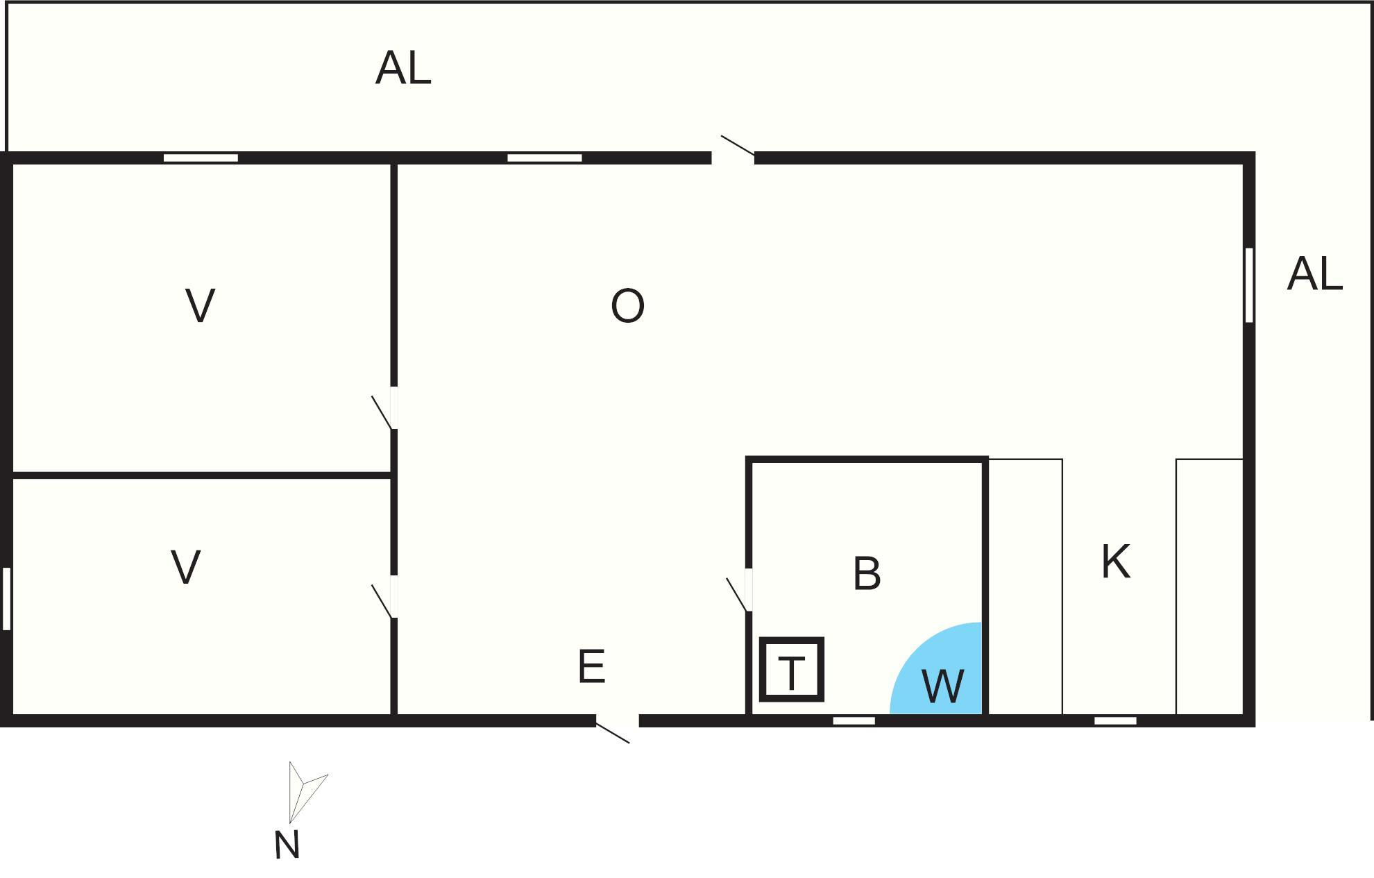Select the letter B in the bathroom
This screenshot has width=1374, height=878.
click(867, 574)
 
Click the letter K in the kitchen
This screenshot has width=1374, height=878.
click(1116, 562)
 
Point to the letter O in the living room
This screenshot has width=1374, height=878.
click(627, 306)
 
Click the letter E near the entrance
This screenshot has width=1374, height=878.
click(591, 666)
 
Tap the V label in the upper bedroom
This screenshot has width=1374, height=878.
click(200, 305)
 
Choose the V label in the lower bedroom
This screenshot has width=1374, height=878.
click(185, 567)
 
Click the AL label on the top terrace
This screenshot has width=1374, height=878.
click(403, 68)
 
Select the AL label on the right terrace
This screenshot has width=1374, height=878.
click(1315, 273)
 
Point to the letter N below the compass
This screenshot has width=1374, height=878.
click(287, 845)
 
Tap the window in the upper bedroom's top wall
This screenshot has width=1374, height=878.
click(201, 158)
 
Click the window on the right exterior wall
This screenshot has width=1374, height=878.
click(1249, 285)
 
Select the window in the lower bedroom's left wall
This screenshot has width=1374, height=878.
click(7, 599)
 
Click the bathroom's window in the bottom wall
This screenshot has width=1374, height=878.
click(854, 721)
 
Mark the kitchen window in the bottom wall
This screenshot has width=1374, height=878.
click(1116, 721)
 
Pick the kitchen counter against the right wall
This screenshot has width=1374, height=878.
click(1210, 586)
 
